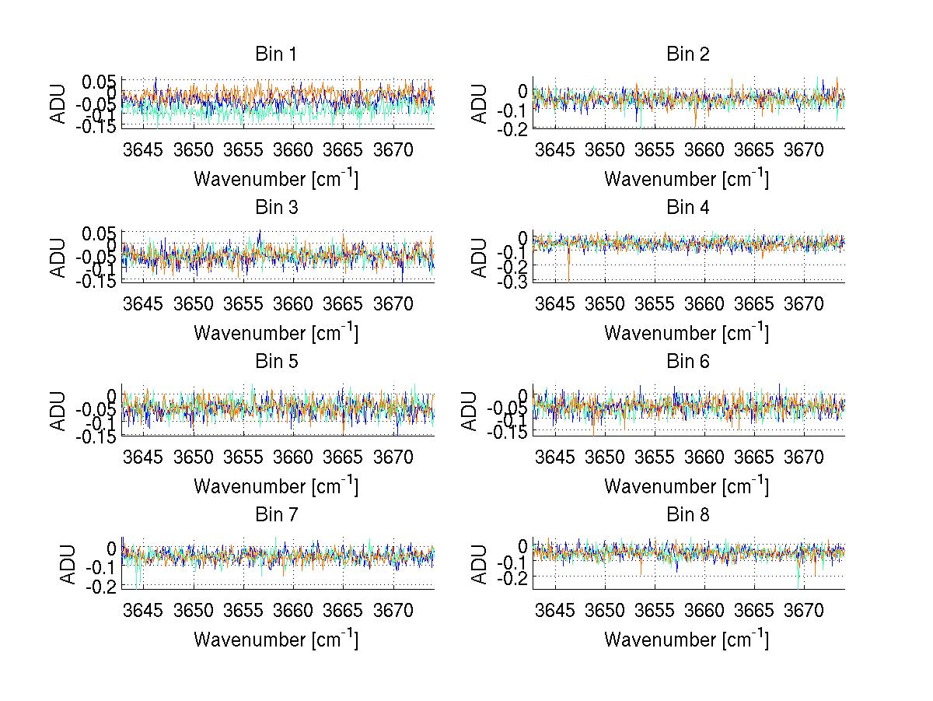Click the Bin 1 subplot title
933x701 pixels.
point(276,54)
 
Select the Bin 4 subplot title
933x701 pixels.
point(687,208)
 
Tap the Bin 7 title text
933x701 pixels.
point(276,515)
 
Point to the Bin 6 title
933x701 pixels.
point(687,362)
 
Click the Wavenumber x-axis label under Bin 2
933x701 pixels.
point(687,180)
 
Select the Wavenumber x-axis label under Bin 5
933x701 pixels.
point(276,487)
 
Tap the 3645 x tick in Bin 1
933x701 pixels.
point(144,149)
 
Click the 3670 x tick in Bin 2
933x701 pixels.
point(805,149)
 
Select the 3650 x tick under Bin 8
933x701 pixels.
point(605,610)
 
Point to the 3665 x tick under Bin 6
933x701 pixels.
point(755,457)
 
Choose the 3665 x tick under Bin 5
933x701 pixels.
point(344,457)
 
